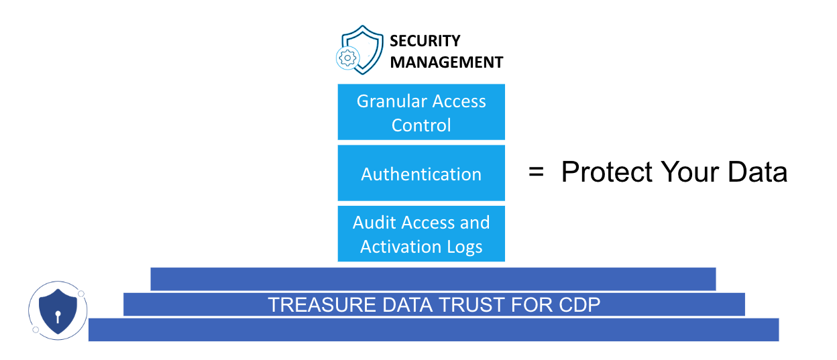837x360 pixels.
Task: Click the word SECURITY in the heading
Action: coord(425,41)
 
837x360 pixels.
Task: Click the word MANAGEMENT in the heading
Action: coord(447,62)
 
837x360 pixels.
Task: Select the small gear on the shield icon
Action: coord(347,58)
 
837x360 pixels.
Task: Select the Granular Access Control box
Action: coord(421,112)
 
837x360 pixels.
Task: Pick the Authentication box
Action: coord(421,174)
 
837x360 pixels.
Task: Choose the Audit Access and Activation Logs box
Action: coord(421,234)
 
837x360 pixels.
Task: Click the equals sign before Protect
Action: coord(536,172)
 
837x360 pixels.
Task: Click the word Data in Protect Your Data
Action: coord(757,172)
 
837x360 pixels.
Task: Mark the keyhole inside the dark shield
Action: coord(58,315)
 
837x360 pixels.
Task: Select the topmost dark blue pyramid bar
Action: coord(433,279)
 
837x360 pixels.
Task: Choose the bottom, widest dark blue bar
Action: coord(433,330)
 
